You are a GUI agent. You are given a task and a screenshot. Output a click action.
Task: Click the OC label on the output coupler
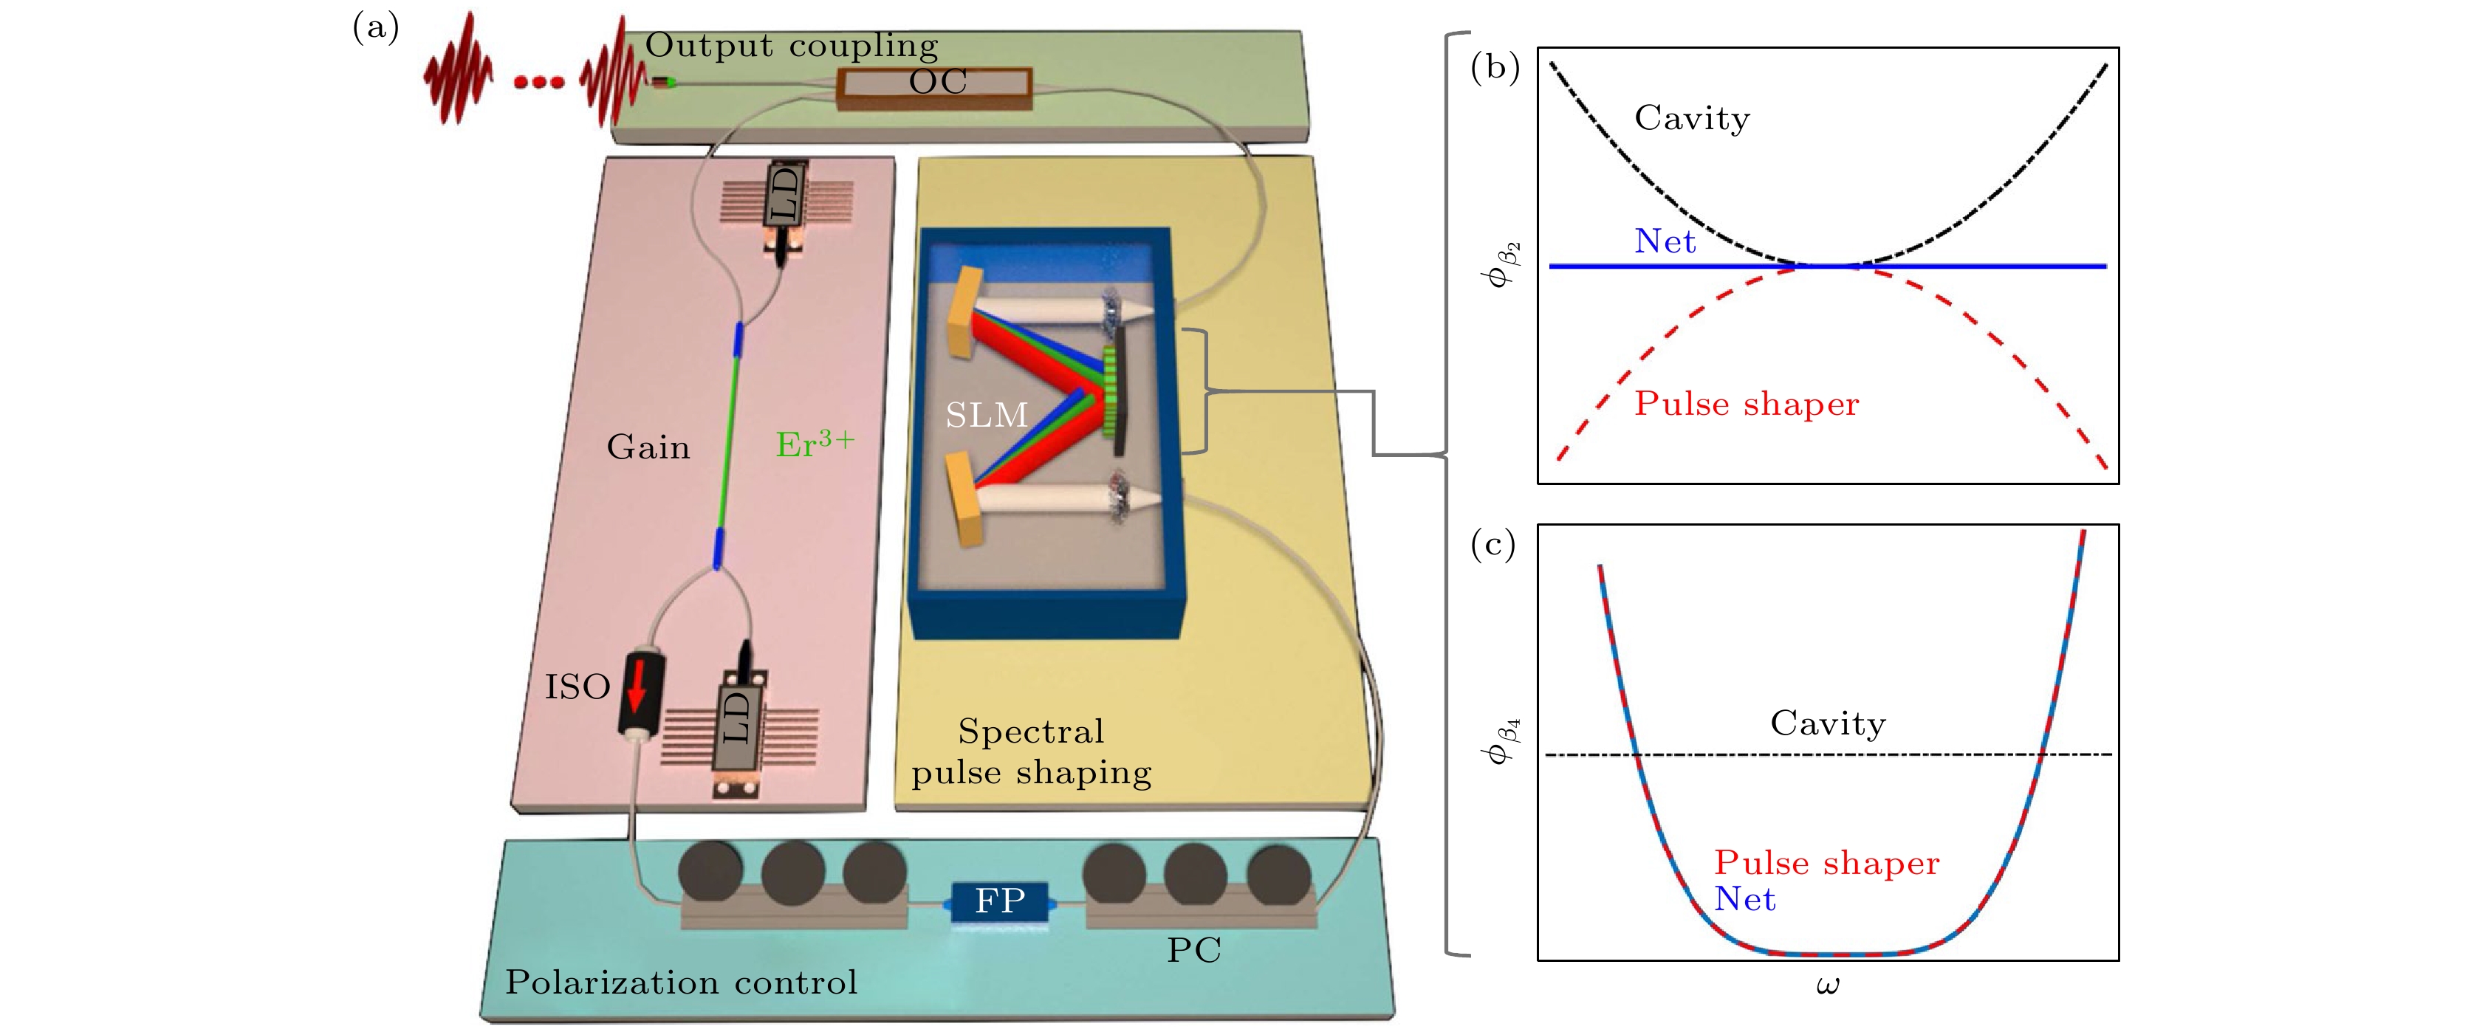[937, 83]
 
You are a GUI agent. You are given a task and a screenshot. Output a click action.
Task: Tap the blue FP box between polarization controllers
[999, 901]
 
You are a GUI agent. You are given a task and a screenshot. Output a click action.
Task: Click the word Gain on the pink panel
[648, 447]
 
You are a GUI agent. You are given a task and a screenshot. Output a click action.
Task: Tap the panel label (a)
[376, 28]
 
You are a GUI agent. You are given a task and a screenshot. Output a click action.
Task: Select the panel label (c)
[1492, 545]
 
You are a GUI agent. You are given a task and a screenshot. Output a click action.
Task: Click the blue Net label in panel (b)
[1665, 241]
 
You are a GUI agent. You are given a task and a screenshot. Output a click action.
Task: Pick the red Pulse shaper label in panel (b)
[1746, 404]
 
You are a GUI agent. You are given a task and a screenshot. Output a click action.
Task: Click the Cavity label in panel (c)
[1827, 723]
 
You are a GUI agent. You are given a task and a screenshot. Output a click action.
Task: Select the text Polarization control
[681, 982]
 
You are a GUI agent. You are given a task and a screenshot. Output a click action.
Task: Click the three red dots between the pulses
[538, 83]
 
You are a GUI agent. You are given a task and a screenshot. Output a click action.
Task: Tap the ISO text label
[578, 687]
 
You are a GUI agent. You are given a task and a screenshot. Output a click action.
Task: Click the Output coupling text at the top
[792, 45]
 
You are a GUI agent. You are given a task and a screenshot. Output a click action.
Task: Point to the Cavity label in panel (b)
[1692, 118]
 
